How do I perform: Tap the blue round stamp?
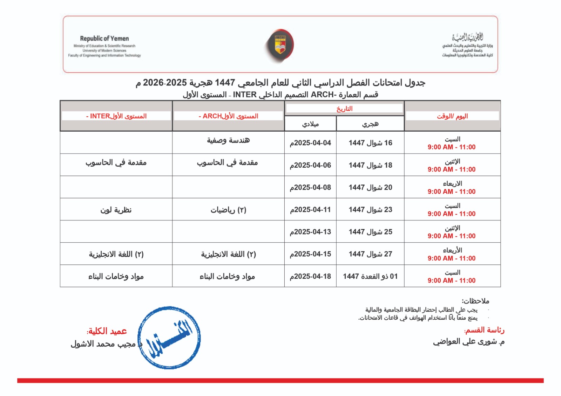pos(169,338)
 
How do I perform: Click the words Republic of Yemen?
pos(104,39)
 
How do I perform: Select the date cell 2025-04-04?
pos(310,143)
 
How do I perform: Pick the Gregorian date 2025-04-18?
pos(310,276)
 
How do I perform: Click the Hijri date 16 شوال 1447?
pos(370,143)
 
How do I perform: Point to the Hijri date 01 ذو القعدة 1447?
pos(370,276)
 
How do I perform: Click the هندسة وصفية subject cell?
pos(228,141)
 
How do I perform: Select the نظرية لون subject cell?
pos(116,210)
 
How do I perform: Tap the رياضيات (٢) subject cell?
pos(228,210)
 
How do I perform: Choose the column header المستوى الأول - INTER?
pos(116,116)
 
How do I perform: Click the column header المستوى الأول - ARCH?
pos(228,116)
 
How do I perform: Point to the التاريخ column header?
pos(344,109)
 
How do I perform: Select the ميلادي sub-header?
pos(310,124)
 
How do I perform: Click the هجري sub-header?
pos(370,124)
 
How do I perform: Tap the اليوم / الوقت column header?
pos(452,116)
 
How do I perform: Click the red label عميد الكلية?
pos(107,331)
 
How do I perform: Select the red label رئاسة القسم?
pos(484,330)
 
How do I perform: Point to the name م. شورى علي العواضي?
pos(469,342)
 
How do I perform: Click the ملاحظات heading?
pos(475,301)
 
